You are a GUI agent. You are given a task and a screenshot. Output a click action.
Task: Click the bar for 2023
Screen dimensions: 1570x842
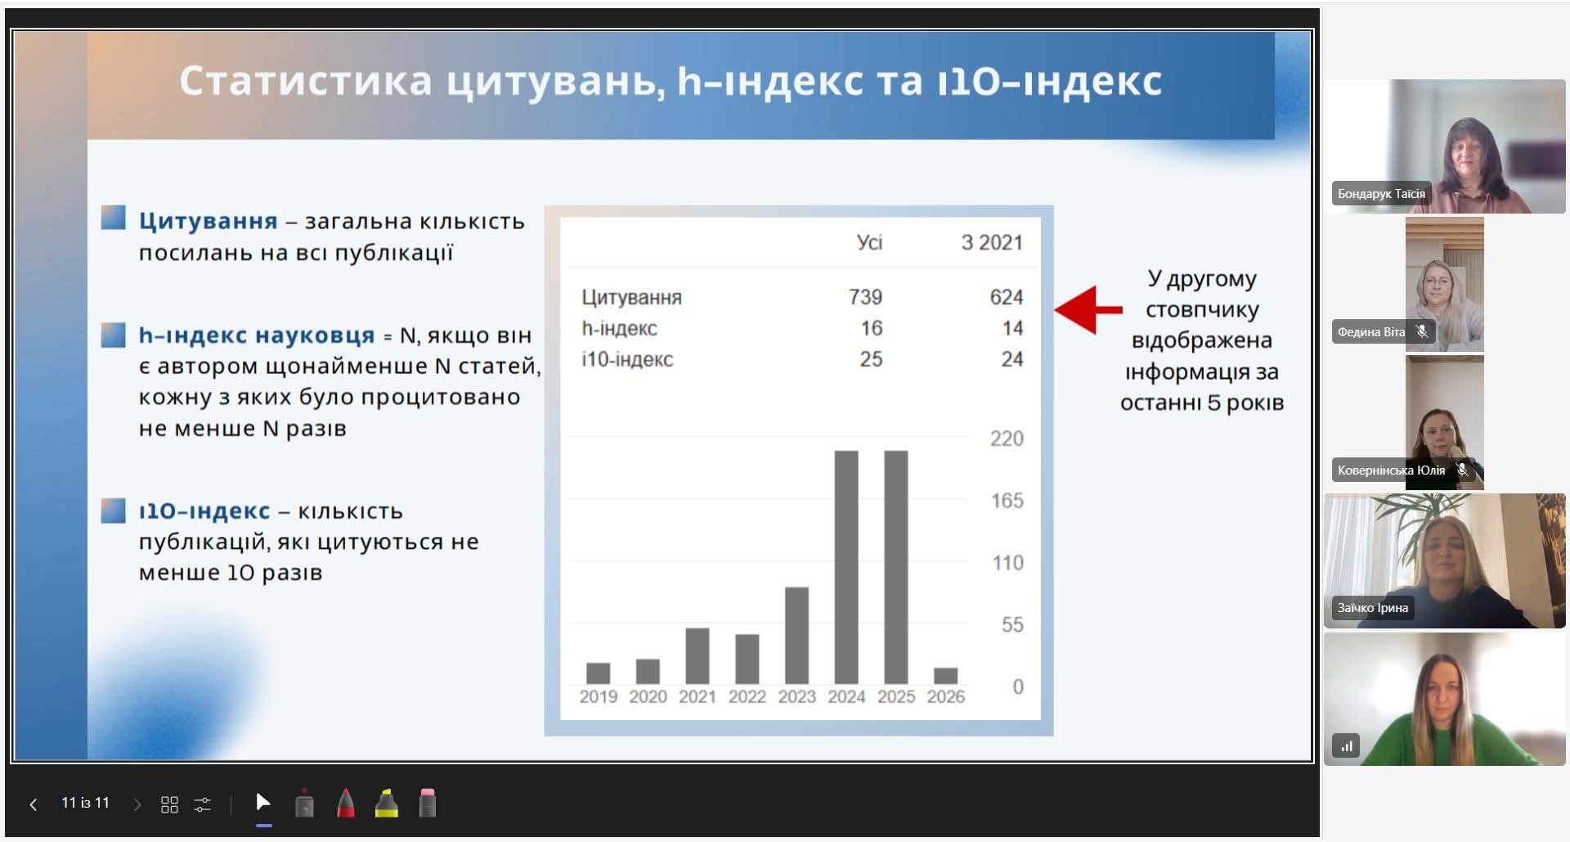click(796, 635)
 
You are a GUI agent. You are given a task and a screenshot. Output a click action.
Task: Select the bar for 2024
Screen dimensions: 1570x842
click(846, 567)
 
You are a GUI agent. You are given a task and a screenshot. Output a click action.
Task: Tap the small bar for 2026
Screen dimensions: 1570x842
click(945, 676)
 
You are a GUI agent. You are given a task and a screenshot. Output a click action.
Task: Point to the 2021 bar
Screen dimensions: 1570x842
click(698, 655)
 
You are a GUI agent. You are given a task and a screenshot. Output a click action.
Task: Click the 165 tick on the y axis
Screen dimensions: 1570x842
click(1007, 500)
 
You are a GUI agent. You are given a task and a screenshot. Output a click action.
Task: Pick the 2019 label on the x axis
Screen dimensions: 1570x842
click(599, 696)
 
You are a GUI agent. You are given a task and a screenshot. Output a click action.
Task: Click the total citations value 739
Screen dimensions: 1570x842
click(865, 297)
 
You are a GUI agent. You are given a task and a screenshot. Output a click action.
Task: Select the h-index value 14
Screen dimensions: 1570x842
click(1012, 328)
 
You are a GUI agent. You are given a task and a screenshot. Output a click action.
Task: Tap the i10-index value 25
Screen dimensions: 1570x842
click(871, 359)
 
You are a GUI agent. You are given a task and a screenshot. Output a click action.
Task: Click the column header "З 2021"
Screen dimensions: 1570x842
click(992, 242)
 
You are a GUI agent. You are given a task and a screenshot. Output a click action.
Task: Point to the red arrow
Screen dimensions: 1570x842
click(1088, 310)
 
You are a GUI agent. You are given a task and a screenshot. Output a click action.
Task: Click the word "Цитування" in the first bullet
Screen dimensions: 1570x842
click(209, 222)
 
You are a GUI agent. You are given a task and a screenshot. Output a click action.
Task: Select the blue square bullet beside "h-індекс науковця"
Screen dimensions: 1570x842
click(114, 335)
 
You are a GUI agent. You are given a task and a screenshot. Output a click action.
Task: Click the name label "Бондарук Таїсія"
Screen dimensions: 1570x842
click(1381, 194)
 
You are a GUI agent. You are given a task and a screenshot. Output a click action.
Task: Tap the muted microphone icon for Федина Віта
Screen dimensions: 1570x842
click(1423, 331)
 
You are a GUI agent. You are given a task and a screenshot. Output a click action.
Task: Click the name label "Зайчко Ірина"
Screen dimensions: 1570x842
click(1373, 608)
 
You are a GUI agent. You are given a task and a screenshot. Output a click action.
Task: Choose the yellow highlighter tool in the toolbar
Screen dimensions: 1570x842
click(387, 804)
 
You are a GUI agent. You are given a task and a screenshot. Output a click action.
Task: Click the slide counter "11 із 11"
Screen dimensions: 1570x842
click(85, 803)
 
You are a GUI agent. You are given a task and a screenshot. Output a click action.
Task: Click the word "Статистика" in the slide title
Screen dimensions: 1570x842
click(306, 82)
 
